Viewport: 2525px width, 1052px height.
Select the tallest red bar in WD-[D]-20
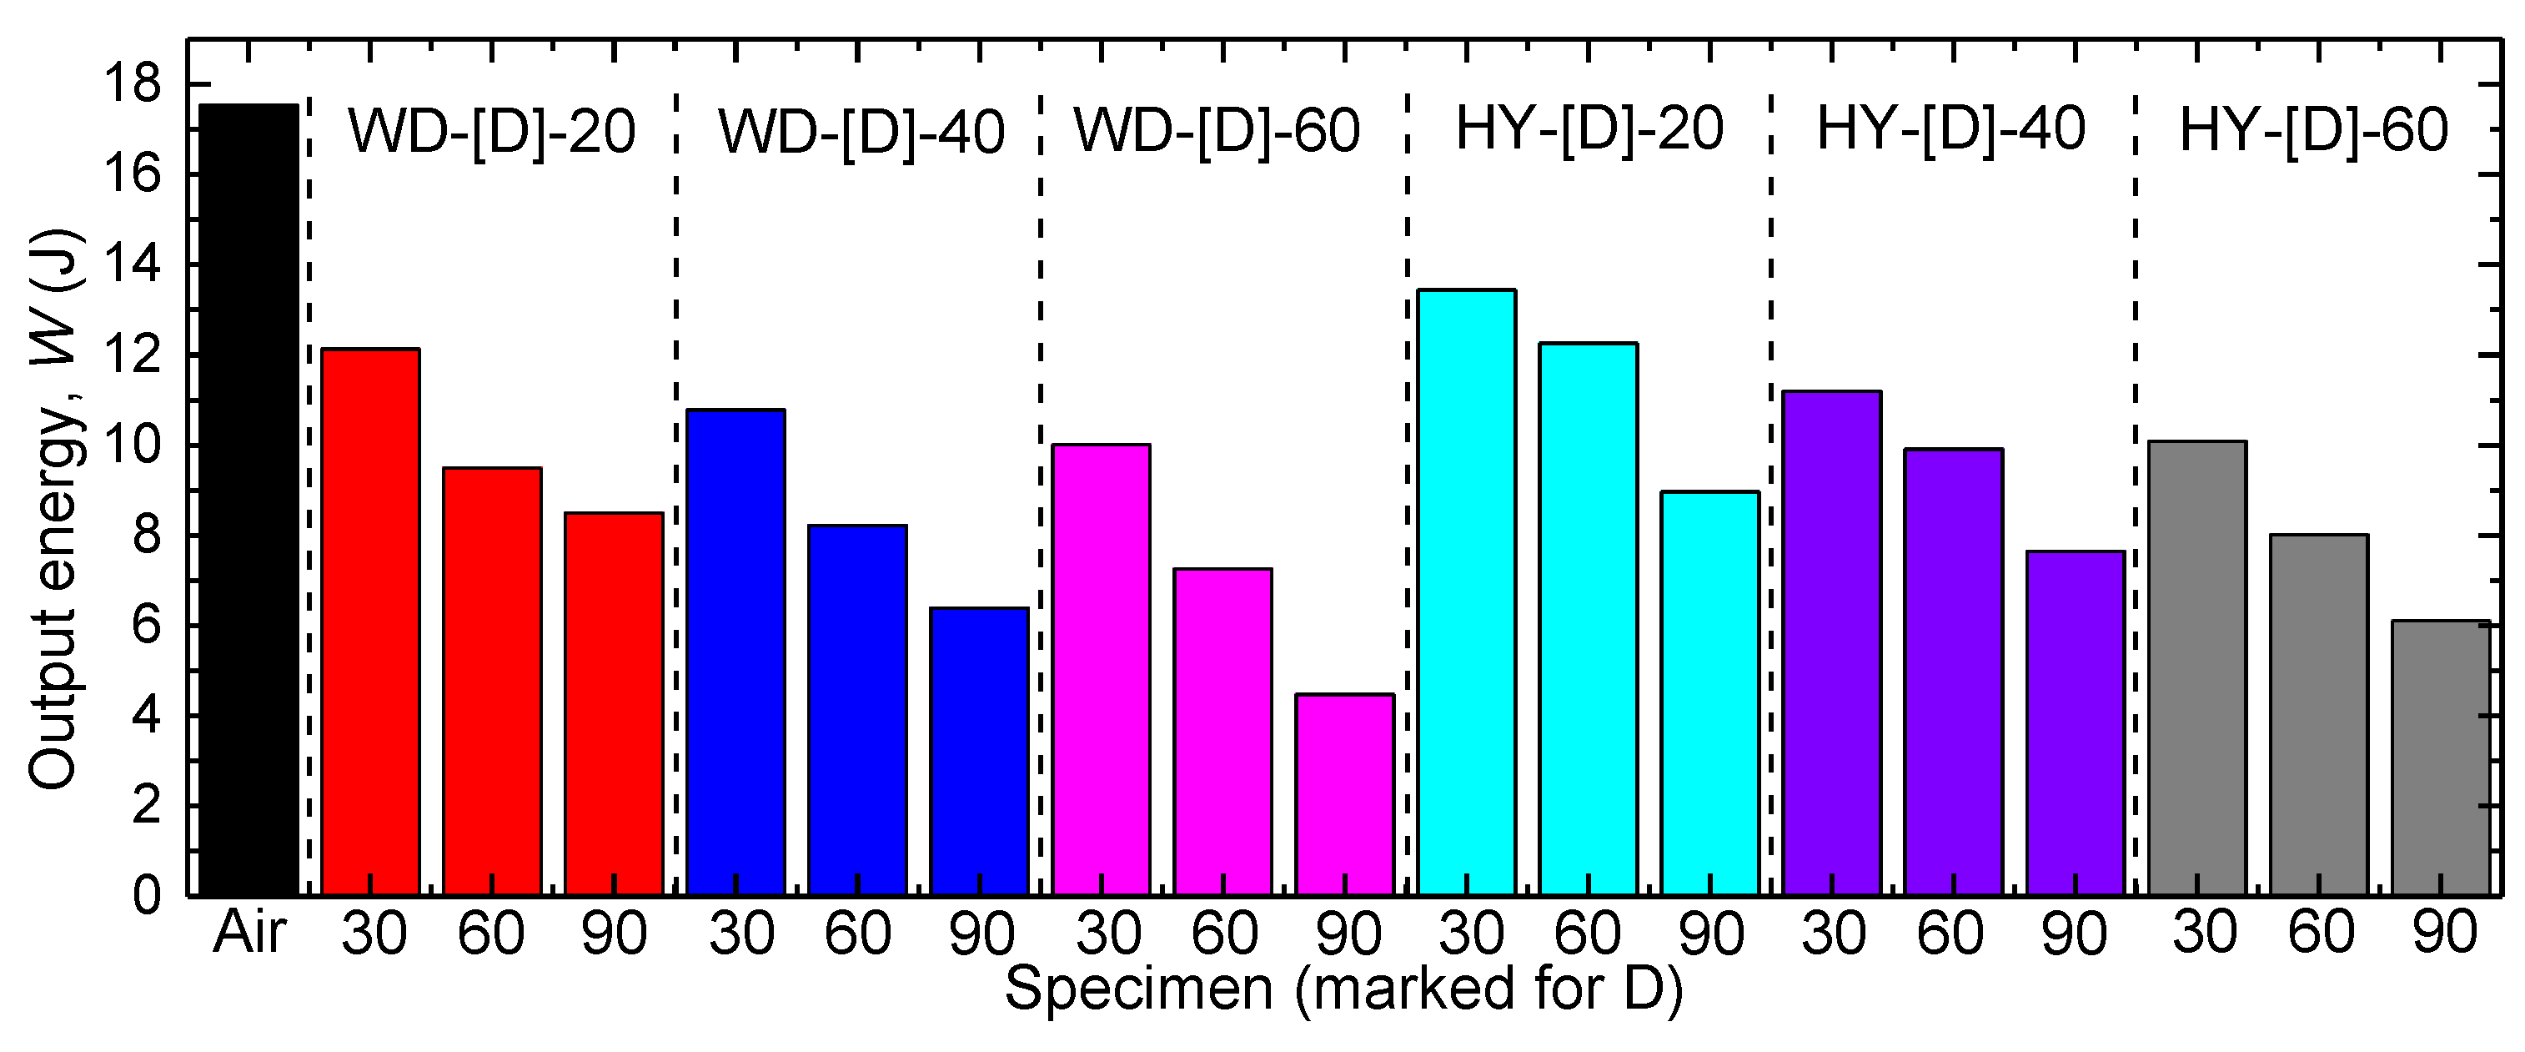[370, 622]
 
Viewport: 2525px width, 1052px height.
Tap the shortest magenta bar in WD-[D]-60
[1344, 795]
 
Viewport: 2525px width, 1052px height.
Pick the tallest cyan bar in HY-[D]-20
[1466, 592]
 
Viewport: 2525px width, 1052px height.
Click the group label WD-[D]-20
[492, 130]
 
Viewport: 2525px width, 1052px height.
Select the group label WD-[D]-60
[1217, 129]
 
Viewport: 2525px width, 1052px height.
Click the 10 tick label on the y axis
[132, 446]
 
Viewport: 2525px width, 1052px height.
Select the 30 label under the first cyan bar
[1471, 933]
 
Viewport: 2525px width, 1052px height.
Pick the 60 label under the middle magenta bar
[1224, 933]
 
